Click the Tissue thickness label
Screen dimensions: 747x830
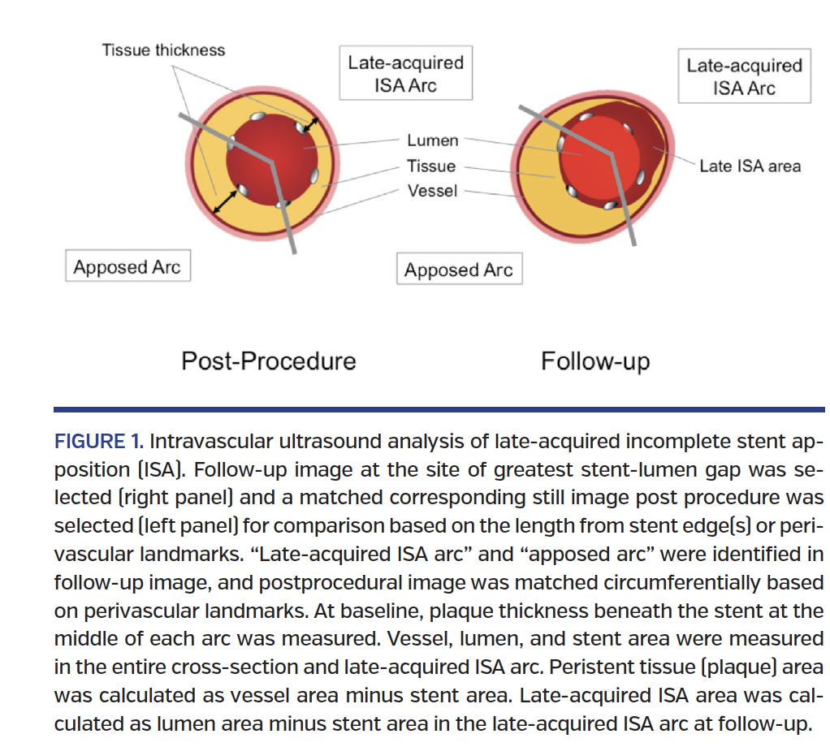[x=163, y=50]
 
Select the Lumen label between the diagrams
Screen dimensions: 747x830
[x=432, y=140]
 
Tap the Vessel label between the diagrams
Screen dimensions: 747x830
[x=432, y=191]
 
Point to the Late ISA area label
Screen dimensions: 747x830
[x=750, y=166]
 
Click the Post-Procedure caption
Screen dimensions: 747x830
[x=268, y=361]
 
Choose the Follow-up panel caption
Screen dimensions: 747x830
[x=595, y=361]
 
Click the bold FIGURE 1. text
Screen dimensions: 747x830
[x=98, y=443]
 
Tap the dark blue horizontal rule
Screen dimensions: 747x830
[x=439, y=410]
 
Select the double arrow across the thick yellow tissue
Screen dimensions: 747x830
[x=225, y=201]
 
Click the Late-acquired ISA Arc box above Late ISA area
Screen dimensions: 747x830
[x=744, y=76]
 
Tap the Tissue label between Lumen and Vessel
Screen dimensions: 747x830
[x=431, y=166]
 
